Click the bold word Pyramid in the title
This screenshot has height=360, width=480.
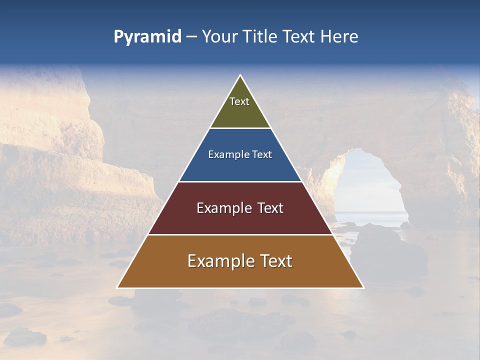147,37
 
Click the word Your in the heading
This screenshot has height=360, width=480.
220,37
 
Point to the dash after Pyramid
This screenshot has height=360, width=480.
191,37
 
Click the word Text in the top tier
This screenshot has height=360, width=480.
239,101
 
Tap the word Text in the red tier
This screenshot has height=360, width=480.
269,208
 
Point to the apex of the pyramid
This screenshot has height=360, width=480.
240,75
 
